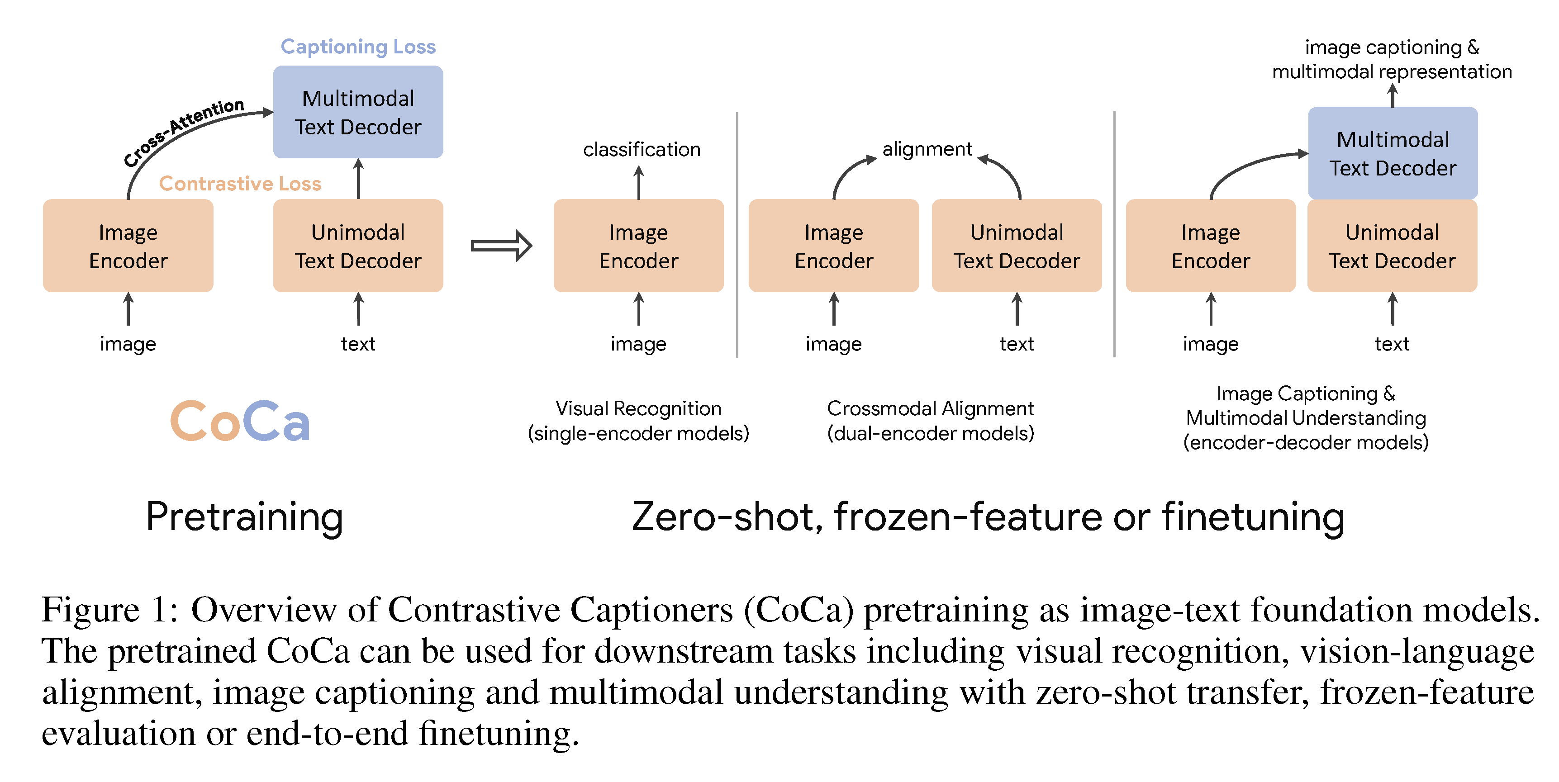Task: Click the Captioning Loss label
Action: (358, 47)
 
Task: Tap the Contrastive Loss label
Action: (240, 183)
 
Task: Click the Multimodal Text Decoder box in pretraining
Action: (358, 113)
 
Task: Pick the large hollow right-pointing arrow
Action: (501, 246)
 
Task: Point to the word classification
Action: (642, 150)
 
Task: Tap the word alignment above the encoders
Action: (927, 149)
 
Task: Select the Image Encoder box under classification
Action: (638, 246)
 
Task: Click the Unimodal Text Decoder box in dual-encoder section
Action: (1017, 246)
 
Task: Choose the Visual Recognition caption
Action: (638, 421)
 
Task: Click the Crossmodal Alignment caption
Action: (930, 421)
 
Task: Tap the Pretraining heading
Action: (244, 517)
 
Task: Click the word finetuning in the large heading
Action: (1253, 517)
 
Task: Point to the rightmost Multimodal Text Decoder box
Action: (1393, 154)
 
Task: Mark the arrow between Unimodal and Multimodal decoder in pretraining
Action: (358, 179)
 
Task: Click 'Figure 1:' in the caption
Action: (109, 610)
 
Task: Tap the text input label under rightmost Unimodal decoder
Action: (1392, 344)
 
